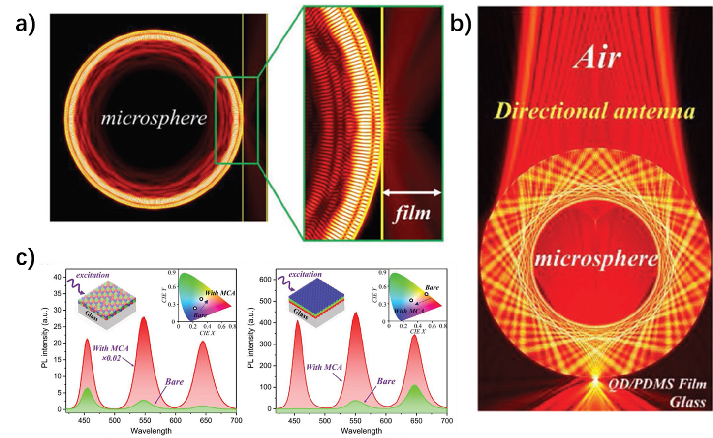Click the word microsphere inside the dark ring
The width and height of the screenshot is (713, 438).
[154, 119]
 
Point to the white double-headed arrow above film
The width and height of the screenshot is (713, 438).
[411, 192]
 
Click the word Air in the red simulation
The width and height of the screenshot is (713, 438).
[597, 58]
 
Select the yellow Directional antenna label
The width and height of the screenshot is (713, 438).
[594, 111]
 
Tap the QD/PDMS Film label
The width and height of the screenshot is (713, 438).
[658, 384]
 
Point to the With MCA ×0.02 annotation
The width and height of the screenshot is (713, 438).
[111, 353]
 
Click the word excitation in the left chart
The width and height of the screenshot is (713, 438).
[93, 275]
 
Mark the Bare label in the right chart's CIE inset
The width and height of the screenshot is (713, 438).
[432, 287]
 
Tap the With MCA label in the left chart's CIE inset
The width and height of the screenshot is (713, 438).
[220, 293]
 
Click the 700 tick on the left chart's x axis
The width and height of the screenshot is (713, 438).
[236, 421]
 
